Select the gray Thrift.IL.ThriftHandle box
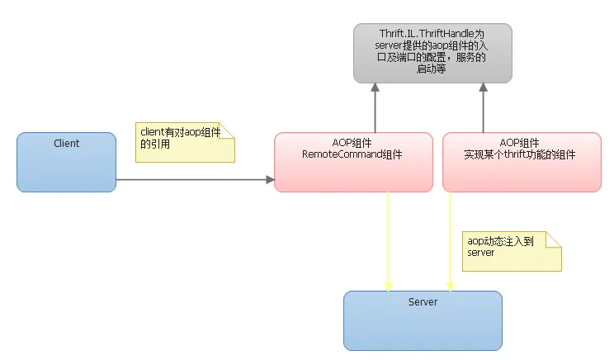click(x=433, y=53)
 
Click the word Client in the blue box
click(x=67, y=144)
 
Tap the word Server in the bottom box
click(x=423, y=302)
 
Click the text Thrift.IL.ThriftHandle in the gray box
click(x=424, y=33)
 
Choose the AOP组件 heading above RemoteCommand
click(x=352, y=143)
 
